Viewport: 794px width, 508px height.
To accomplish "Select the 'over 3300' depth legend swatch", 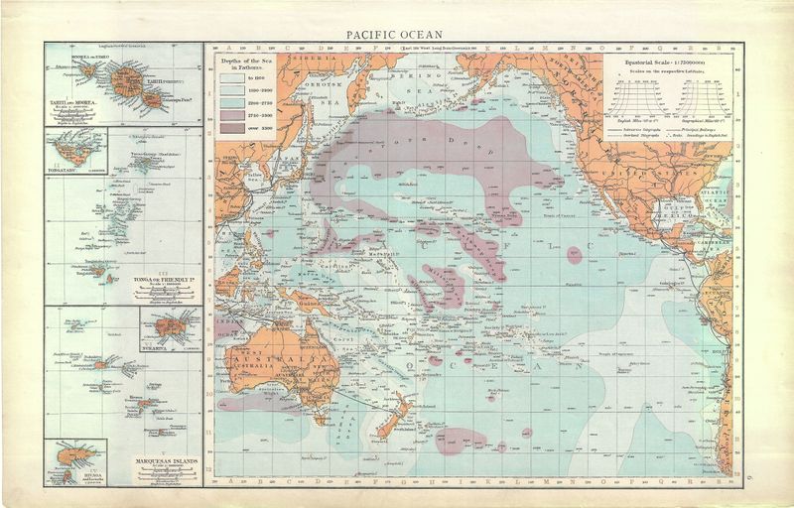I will pos(232,129).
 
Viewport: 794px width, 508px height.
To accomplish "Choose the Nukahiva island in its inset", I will pos(171,325).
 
